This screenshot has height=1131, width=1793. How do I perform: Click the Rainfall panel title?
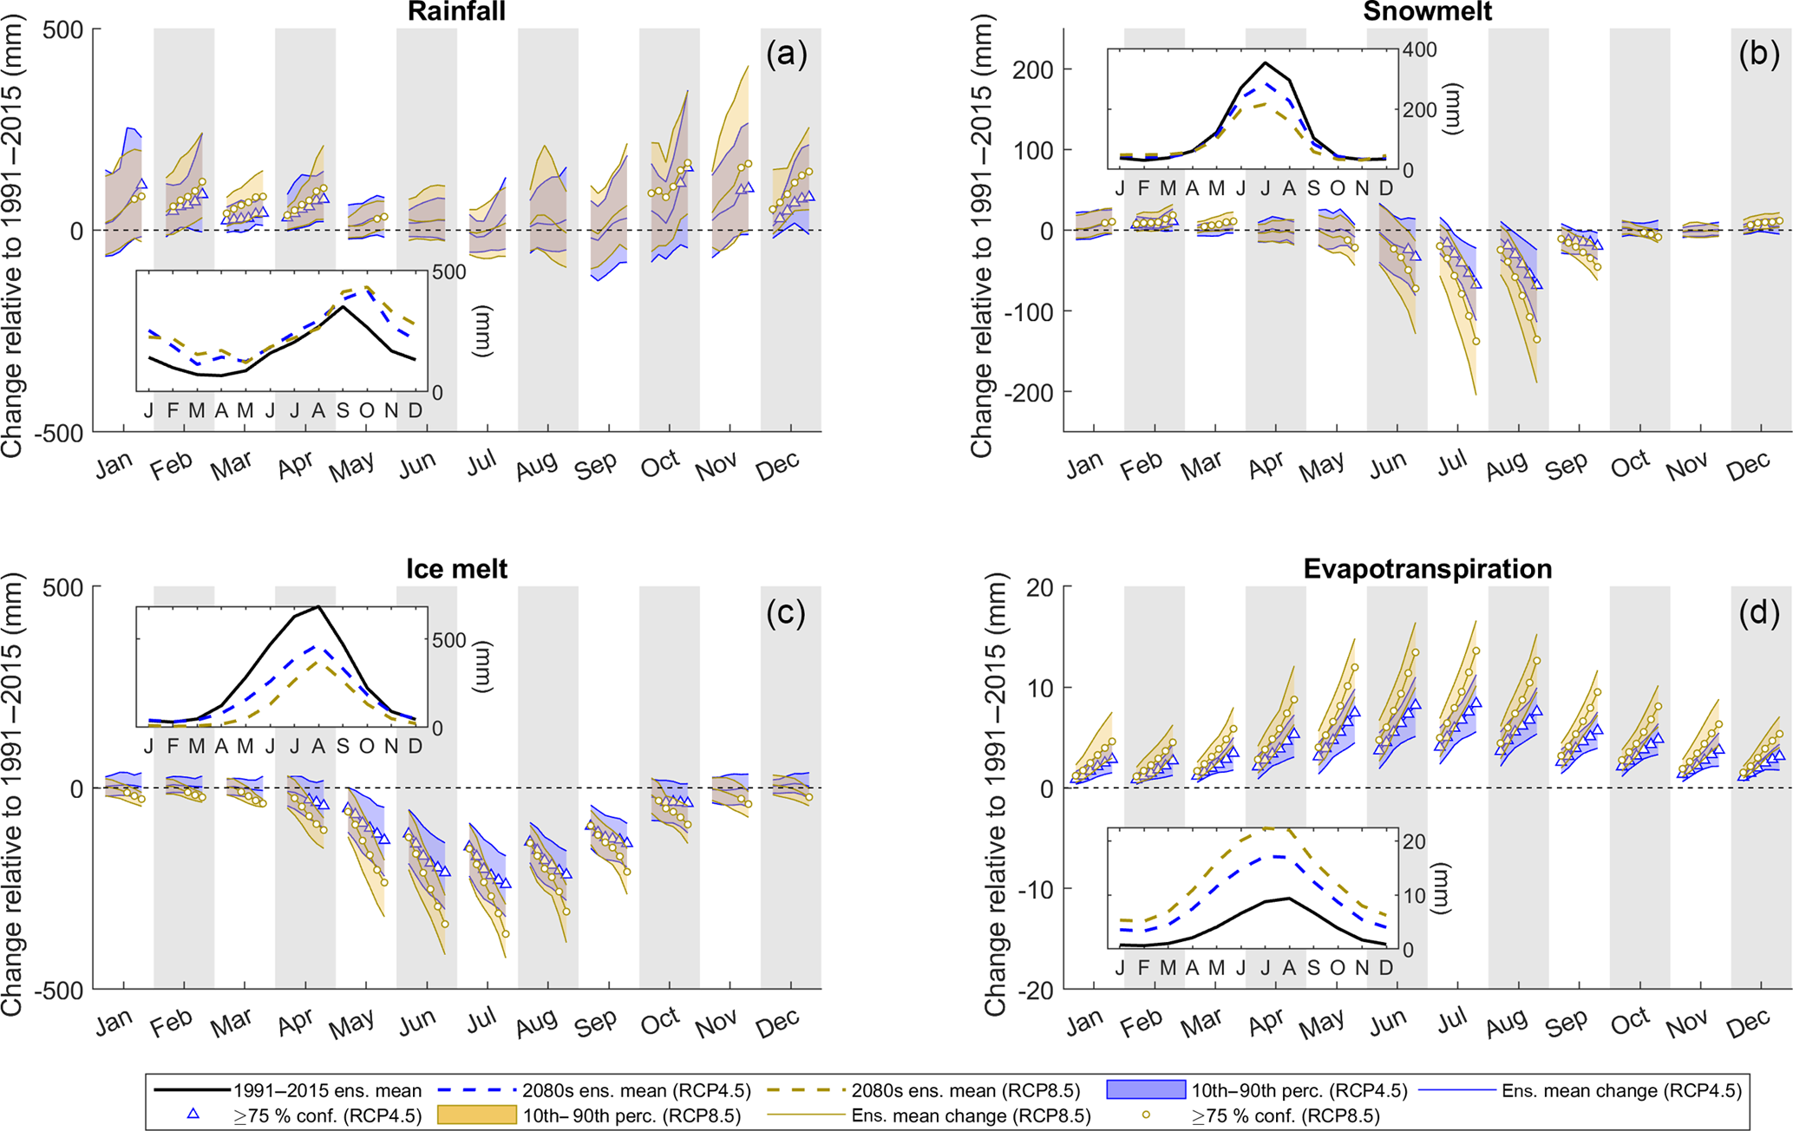457,11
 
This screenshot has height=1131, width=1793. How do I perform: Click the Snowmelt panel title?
1427,11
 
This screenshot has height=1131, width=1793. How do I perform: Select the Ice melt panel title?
457,569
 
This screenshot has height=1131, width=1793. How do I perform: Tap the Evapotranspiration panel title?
1427,569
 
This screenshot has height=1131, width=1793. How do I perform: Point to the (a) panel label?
787,55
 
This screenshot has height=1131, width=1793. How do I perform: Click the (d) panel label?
1757,613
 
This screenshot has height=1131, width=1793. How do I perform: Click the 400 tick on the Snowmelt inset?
1420,50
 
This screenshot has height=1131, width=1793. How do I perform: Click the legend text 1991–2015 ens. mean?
327,1091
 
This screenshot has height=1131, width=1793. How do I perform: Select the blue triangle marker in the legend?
193,1115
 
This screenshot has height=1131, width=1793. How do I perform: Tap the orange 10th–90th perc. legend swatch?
476,1115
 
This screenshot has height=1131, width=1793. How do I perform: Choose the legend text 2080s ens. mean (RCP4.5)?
637,1091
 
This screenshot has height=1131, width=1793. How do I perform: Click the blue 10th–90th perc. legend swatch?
1145,1090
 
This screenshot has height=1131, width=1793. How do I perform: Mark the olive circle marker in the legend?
1145,1115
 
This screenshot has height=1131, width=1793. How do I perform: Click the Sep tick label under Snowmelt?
1566,467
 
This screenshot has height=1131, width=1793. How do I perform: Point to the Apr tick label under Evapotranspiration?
1266,1023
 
